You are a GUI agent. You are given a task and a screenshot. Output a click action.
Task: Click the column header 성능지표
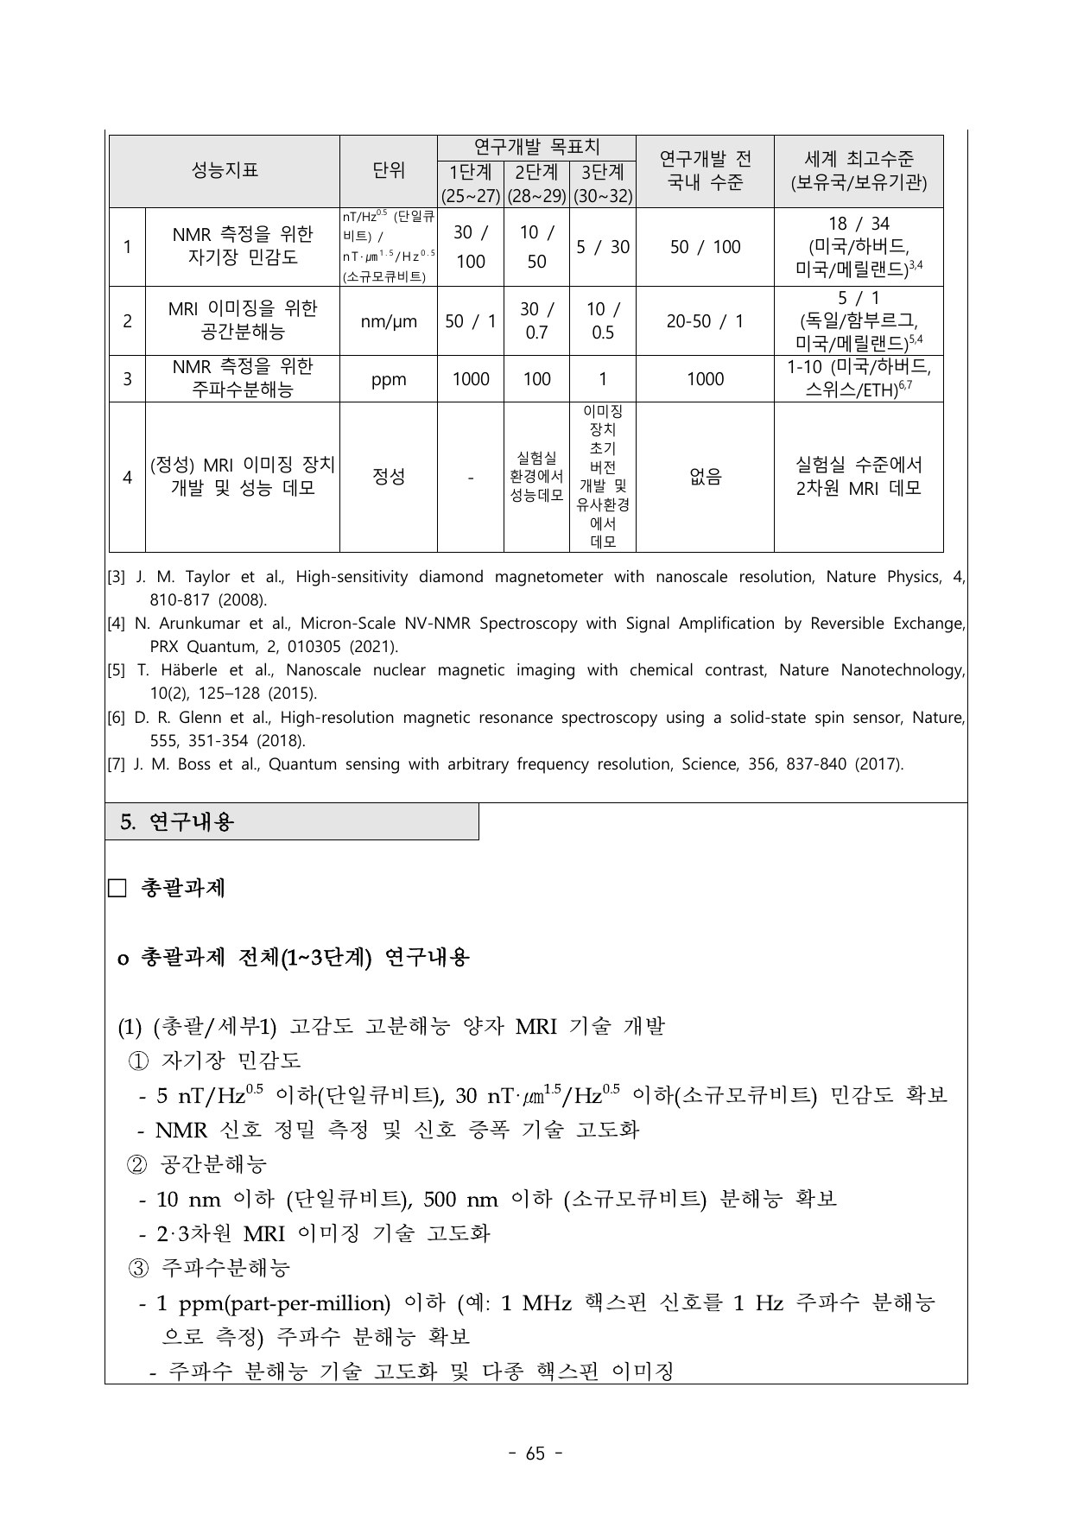coord(224,170)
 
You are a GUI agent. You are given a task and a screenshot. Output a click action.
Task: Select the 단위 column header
coord(389,170)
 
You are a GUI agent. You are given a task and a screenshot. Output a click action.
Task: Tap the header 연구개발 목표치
coord(536,147)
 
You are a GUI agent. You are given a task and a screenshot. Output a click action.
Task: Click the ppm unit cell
coord(389,379)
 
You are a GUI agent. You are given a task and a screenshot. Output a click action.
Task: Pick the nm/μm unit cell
coord(389,321)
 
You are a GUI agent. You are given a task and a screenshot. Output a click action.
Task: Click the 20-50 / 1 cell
coord(705,321)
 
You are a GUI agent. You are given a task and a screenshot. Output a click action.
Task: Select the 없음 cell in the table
coord(705,477)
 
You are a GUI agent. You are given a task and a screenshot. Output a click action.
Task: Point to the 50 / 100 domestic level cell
coord(705,247)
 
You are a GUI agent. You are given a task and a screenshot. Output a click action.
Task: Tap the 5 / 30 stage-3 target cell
coord(603,247)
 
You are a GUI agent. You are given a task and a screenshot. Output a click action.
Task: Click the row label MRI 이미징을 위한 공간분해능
coord(243,320)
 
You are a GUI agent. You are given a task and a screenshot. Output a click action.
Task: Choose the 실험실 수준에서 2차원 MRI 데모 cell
coord(859,476)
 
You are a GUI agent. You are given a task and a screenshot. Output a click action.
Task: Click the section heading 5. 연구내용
coord(177,822)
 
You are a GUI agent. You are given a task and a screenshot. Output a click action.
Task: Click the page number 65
coord(535,1454)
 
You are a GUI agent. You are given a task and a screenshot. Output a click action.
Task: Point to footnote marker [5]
coord(116,670)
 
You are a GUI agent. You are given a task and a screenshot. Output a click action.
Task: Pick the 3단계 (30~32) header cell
coord(603,184)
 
